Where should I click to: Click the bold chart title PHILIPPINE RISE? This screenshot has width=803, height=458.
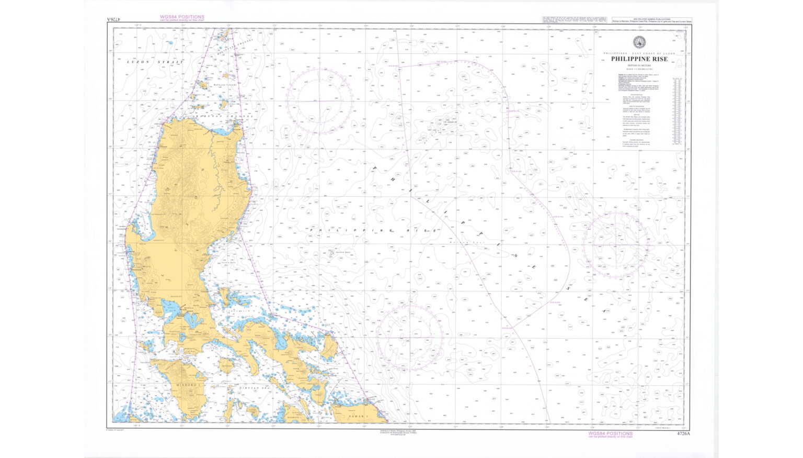[639, 60]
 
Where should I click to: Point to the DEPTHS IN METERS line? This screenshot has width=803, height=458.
[639, 65]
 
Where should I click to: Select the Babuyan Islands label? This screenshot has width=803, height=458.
[225, 85]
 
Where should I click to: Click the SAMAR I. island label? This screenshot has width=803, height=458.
[361, 416]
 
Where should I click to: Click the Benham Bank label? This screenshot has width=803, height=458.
[336, 252]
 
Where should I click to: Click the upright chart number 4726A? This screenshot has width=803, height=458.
[683, 433]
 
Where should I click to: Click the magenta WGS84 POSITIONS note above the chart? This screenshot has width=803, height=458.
[182, 17]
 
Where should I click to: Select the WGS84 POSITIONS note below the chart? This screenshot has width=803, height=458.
[610, 434]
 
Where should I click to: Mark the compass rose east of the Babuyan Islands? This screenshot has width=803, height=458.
[319, 101]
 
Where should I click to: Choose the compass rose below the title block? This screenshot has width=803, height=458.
[616, 244]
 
